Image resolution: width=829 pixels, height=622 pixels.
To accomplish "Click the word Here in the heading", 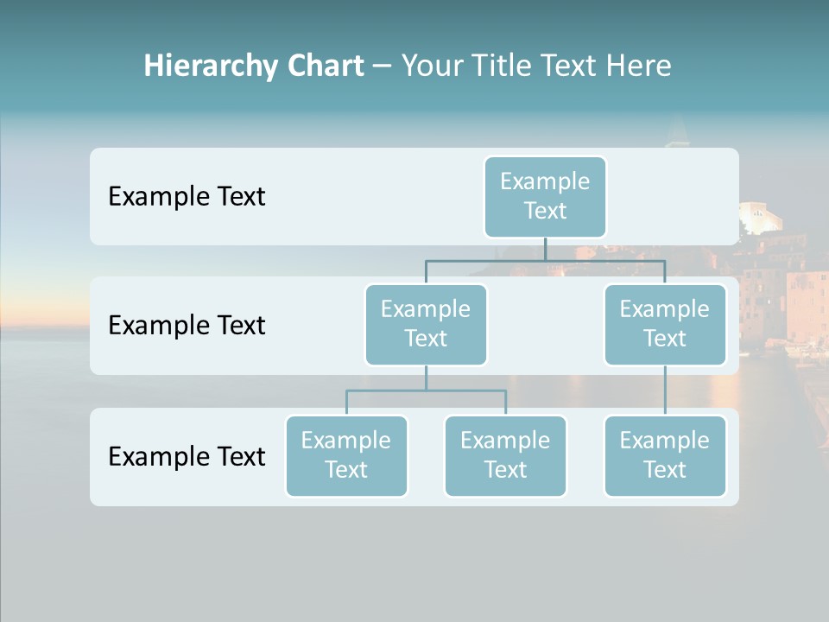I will [638, 66].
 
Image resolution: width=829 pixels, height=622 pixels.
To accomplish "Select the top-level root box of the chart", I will [545, 196].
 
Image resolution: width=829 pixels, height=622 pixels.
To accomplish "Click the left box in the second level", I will [426, 324].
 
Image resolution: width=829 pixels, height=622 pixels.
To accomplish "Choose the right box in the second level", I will [665, 324].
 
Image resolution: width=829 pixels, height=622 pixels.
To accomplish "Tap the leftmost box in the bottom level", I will [346, 455].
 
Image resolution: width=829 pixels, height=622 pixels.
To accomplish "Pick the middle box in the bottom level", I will [505, 455].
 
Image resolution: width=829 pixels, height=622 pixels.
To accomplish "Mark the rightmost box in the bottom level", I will [665, 455].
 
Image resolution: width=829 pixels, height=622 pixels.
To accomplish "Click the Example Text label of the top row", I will [187, 196].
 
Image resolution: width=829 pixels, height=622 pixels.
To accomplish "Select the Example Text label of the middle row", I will [187, 325].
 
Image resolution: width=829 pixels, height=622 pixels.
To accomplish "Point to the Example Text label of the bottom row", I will [187, 456].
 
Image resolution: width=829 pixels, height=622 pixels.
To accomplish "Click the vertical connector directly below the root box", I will [545, 249].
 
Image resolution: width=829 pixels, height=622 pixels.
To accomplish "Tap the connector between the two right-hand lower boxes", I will [665, 390].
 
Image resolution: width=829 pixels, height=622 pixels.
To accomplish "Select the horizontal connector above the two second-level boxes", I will [545, 260].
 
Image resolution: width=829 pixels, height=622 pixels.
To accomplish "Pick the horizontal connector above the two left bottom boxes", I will [426, 390].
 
